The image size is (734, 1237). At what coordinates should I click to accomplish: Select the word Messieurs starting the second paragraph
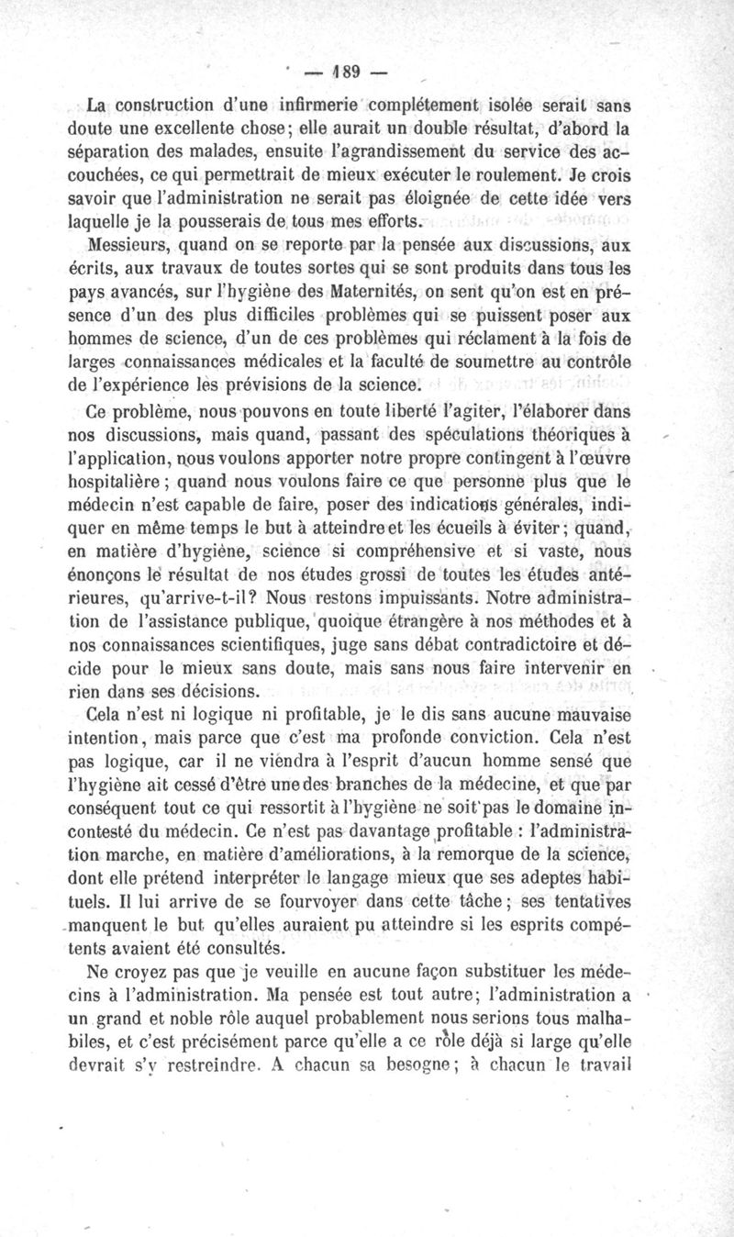pos(126,245)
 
